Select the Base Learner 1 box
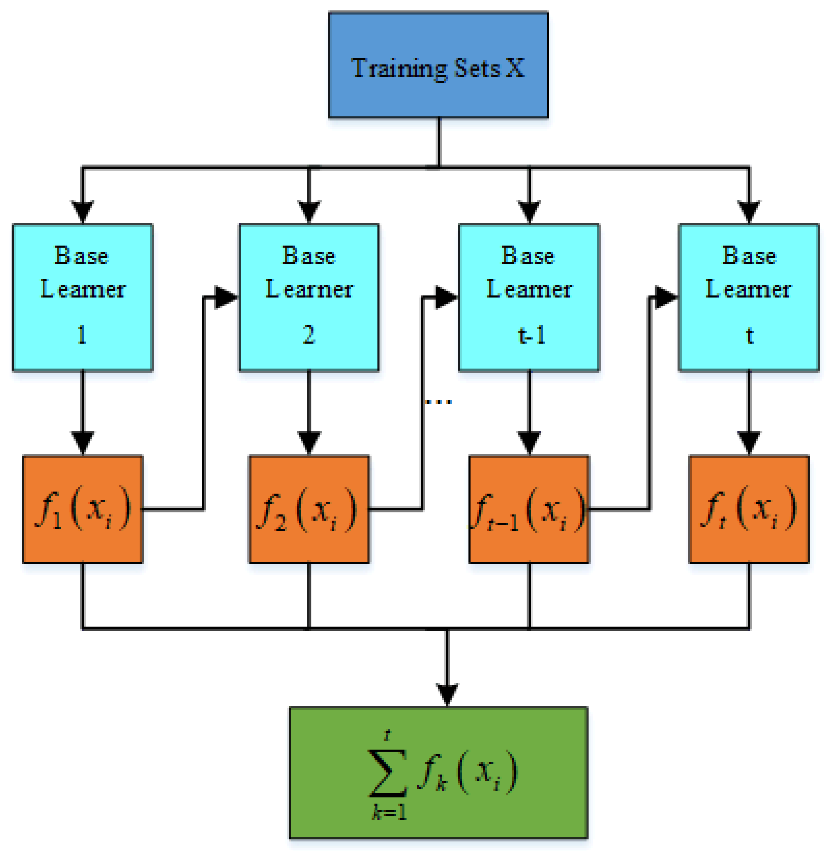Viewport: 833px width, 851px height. tap(83, 297)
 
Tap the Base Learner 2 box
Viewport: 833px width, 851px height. tap(309, 297)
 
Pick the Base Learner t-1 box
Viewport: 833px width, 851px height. tap(529, 297)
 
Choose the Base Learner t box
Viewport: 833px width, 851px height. tap(749, 297)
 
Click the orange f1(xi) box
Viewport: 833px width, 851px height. tap(83, 509)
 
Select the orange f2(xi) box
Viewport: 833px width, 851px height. tap(309, 509)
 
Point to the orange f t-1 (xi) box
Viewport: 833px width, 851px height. tap(529, 509)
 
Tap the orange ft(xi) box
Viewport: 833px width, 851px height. tap(749, 509)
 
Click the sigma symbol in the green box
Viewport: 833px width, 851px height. tap(388, 774)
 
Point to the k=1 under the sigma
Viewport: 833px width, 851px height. tap(389, 812)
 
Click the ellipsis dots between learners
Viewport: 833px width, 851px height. tap(439, 401)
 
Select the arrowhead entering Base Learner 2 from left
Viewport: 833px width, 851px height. tap(226, 298)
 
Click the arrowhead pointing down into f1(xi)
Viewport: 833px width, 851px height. tap(83, 442)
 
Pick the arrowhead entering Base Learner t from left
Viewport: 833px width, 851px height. tap(665, 298)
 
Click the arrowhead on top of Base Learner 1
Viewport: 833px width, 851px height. tap(83, 211)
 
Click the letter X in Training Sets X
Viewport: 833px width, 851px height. tap(515, 68)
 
